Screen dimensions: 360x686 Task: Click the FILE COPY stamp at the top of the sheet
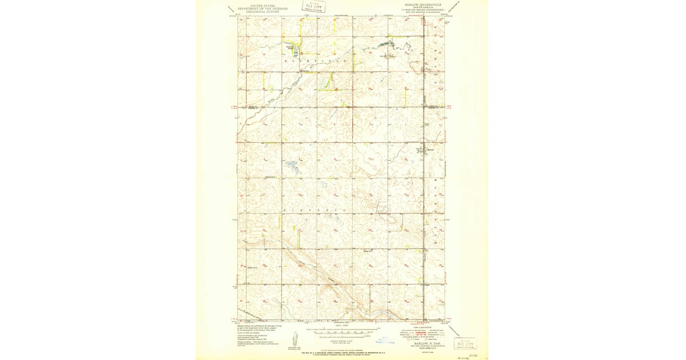313,7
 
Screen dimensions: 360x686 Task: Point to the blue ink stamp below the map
388,341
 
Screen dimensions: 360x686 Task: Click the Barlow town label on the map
424,150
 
